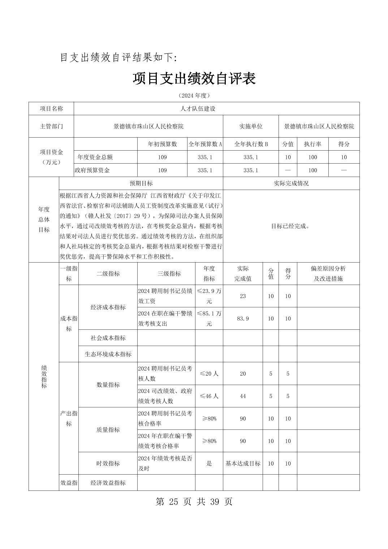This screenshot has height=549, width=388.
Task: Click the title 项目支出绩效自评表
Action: click(194, 79)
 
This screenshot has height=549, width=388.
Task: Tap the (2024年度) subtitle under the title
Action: click(194, 96)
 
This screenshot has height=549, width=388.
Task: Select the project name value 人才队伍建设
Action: click(198, 109)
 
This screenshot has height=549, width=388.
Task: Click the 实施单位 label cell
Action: click(251, 126)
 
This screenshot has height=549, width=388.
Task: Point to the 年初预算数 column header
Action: click(162, 144)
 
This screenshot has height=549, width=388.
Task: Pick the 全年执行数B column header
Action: click(251, 144)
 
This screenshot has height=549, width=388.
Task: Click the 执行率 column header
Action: click(312, 144)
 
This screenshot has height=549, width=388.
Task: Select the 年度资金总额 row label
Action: click(95, 157)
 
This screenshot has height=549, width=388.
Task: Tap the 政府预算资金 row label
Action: click(92, 170)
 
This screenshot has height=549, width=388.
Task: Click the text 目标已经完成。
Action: click(290, 226)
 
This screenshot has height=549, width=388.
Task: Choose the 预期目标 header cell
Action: click(141, 183)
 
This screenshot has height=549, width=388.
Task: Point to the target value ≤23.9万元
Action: click(209, 296)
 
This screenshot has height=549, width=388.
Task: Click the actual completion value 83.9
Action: click(243, 319)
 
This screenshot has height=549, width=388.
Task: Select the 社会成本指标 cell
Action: click(108, 338)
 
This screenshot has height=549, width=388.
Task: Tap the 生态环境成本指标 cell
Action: click(108, 354)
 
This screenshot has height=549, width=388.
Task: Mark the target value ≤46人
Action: click(209, 396)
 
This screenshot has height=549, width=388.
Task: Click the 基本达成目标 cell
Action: click(243, 463)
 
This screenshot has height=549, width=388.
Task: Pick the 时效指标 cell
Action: click(108, 463)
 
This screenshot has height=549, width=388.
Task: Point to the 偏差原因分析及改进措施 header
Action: click(328, 273)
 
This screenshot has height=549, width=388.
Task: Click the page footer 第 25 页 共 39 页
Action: click(194, 502)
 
